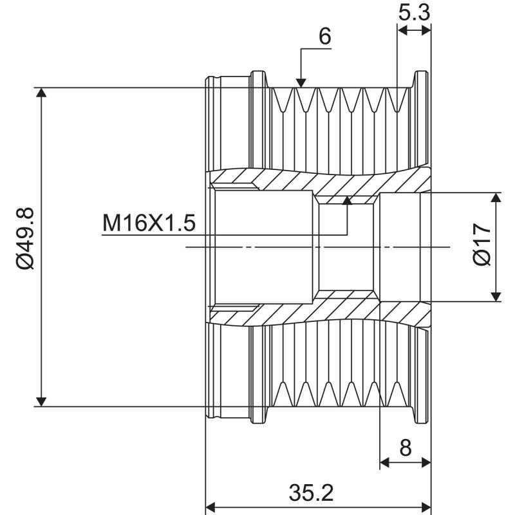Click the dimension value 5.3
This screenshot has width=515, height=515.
coord(414,12)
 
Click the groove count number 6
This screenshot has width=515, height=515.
coord(325,36)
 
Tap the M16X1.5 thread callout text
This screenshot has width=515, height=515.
coord(149,224)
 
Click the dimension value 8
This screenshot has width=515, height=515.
coord(406,447)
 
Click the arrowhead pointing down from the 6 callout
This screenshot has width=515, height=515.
coord(301,81)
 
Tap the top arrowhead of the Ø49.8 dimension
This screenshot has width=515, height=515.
coord(41,93)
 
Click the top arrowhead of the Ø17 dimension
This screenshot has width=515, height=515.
coord(496,197)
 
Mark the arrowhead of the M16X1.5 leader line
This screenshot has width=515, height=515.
coord(347,201)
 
